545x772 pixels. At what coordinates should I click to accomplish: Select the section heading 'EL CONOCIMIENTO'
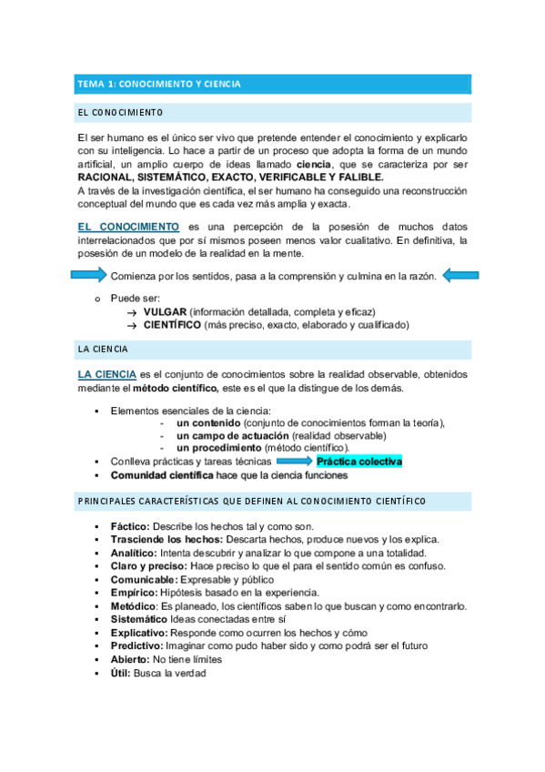click(x=120, y=112)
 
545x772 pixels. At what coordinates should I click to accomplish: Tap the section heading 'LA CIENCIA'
click(x=104, y=349)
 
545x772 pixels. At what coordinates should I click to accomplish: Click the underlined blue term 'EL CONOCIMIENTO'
click(x=127, y=226)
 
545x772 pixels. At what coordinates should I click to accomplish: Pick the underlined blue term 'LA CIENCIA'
click(x=107, y=374)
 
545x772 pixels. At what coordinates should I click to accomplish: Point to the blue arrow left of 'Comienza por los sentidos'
click(x=89, y=276)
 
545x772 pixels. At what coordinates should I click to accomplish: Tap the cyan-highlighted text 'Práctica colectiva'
click(x=358, y=462)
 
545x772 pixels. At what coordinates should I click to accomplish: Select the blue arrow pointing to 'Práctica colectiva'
click(x=294, y=462)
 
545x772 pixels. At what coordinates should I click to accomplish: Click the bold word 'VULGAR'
click(x=164, y=311)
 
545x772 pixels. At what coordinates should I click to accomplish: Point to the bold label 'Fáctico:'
click(x=130, y=527)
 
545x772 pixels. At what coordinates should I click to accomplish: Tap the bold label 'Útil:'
click(x=121, y=674)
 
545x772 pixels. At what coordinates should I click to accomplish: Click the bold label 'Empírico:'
click(x=133, y=593)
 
